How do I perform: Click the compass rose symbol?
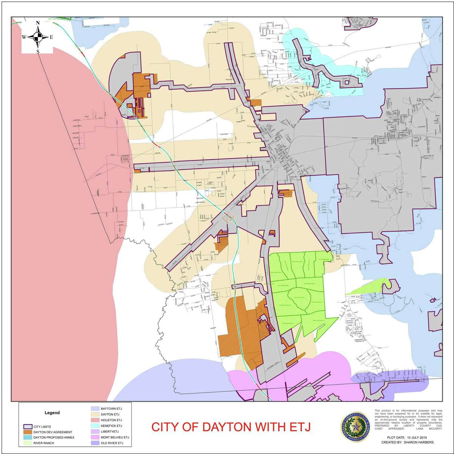37,37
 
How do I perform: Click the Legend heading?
52,413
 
